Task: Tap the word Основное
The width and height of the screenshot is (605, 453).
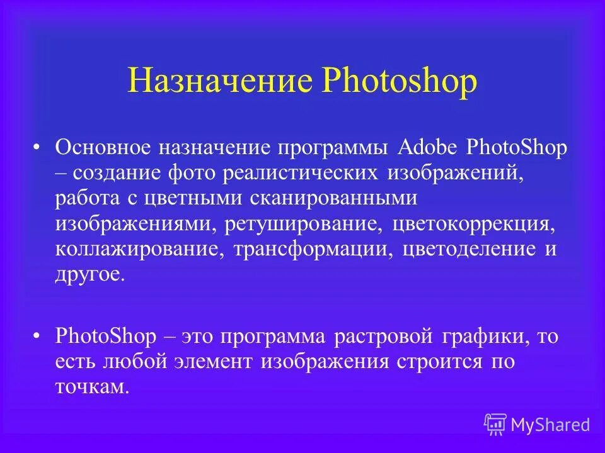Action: [103, 147]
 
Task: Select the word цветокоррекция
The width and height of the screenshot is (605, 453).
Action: [473, 223]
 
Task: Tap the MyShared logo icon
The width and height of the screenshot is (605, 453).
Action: [495, 425]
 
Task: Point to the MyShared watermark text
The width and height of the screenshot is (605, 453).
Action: [550, 425]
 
